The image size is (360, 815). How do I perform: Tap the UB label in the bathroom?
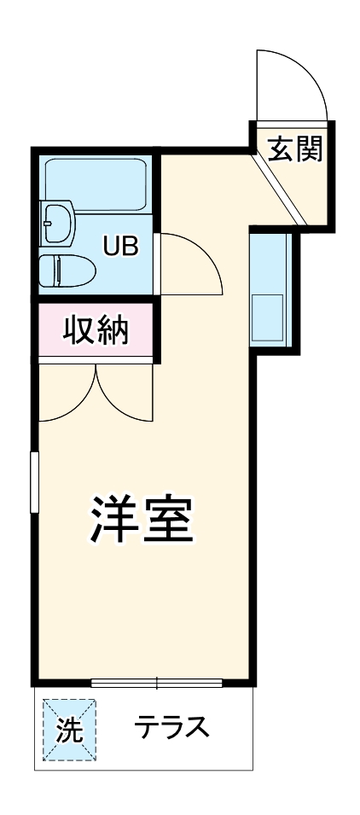coord(119,246)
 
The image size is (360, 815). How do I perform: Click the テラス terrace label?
coord(171,728)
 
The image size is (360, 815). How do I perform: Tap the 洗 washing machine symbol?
coord(69,730)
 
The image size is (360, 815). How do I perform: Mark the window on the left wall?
coord(35,482)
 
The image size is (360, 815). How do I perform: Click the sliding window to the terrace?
coord(157,682)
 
